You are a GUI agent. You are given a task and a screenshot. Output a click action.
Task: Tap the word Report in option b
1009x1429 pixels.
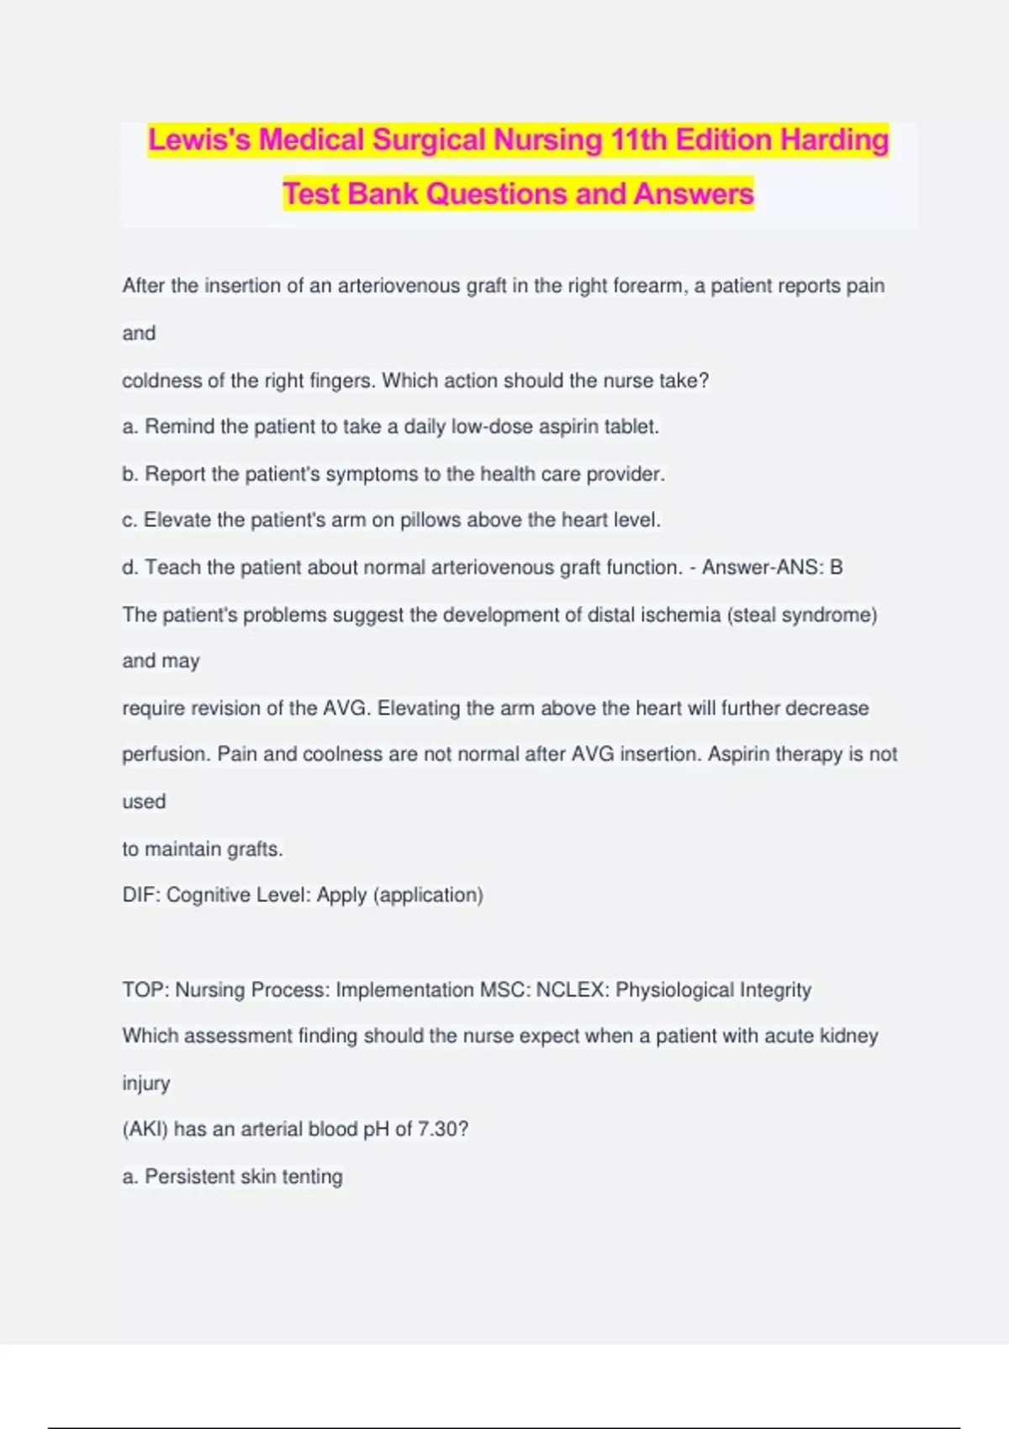tap(175, 474)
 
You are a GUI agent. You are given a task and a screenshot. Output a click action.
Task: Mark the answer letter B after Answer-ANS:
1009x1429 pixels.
tap(836, 567)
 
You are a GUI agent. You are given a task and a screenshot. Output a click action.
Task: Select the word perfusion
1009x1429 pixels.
tap(165, 754)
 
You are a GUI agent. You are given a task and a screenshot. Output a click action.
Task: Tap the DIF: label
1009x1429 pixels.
tap(141, 894)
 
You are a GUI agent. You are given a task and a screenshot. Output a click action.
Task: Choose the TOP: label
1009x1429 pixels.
tap(145, 989)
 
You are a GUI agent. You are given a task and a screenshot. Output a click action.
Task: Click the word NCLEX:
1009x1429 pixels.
tap(572, 989)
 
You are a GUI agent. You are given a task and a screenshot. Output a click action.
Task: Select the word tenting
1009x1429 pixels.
tap(312, 1176)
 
